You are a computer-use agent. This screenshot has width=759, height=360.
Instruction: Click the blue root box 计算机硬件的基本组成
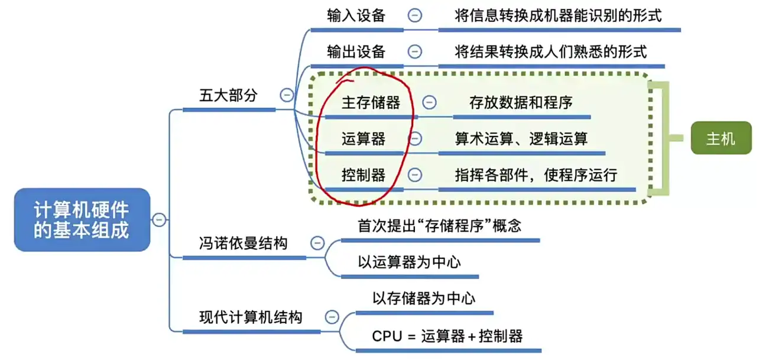82,219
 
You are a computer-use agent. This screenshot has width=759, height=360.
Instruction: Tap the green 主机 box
721,139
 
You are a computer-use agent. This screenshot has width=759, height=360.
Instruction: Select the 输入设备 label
356,15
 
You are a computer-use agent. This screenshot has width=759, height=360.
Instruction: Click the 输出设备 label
356,51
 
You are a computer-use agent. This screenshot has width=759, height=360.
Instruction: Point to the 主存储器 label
371,103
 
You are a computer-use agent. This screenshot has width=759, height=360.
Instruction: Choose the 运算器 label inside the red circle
364,139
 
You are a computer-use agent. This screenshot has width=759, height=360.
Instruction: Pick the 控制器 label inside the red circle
364,175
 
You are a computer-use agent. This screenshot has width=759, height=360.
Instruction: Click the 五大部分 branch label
228,95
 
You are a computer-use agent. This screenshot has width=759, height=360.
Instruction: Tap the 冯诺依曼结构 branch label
243,242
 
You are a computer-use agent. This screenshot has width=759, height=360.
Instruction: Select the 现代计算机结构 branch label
251,317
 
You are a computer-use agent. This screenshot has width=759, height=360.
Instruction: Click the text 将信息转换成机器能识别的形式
558,15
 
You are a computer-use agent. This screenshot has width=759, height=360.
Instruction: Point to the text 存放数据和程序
521,103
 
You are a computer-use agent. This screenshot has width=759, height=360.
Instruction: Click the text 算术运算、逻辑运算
521,139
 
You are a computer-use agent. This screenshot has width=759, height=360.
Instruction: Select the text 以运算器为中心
409,262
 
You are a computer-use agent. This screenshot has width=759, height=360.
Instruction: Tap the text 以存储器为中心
423,298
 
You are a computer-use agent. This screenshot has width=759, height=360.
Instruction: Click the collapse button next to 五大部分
287,95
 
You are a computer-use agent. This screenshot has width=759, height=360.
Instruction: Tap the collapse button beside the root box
159,219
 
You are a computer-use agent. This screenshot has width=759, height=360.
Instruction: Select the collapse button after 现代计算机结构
332,317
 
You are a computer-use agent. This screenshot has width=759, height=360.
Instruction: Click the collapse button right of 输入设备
415,15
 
